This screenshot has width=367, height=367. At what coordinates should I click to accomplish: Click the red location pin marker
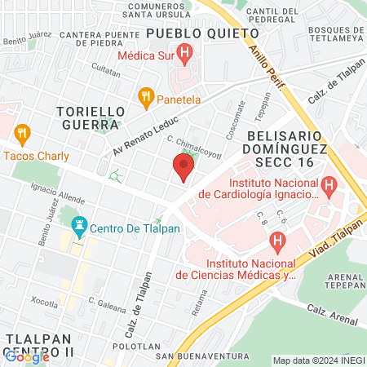click(183, 168)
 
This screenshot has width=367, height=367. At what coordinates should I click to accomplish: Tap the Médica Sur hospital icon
click(185, 56)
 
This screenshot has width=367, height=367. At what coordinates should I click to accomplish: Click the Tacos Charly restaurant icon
click(22, 133)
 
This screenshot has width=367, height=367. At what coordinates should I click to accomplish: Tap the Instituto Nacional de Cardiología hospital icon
click(328, 187)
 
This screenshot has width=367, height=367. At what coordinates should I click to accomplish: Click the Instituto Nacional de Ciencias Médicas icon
click(277, 242)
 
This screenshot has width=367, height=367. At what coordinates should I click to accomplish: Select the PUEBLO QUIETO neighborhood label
click(202, 33)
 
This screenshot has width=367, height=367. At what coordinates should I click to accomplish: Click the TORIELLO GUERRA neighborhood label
click(91, 117)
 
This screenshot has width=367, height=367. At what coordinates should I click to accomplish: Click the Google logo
click(27, 356)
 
